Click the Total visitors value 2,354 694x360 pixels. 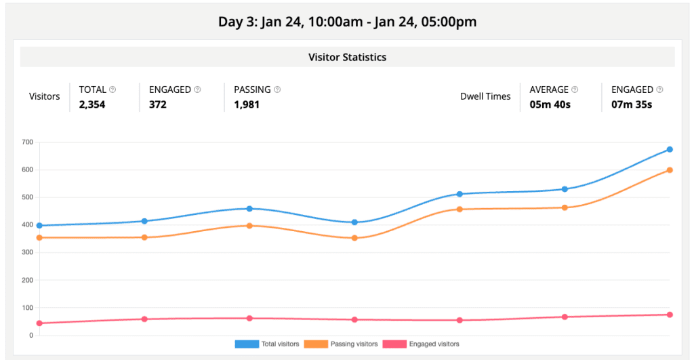(92, 104)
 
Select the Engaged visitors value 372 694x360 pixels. (158, 104)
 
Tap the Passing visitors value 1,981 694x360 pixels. (247, 104)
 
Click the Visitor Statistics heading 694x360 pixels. (347, 57)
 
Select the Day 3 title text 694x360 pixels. (347, 22)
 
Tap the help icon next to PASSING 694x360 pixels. (277, 89)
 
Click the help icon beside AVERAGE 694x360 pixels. (575, 89)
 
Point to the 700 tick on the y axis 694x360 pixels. (27, 142)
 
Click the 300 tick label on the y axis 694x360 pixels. (27, 252)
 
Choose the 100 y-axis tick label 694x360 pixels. (27, 308)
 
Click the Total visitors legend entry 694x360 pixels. (267, 344)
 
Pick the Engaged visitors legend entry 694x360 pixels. (421, 344)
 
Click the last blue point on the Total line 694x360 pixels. (670, 149)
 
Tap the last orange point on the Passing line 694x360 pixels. (670, 170)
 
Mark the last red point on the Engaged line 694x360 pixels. (670, 315)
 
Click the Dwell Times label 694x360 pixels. (485, 96)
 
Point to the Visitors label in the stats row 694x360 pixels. (45, 96)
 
